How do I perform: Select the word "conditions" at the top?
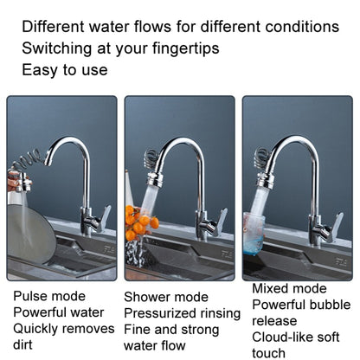pos(302,27)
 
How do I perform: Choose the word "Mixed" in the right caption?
pos(271,288)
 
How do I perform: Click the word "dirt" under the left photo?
pos(22,344)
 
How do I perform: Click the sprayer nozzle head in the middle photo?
pos(156,179)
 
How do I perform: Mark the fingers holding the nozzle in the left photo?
pos(13,180)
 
